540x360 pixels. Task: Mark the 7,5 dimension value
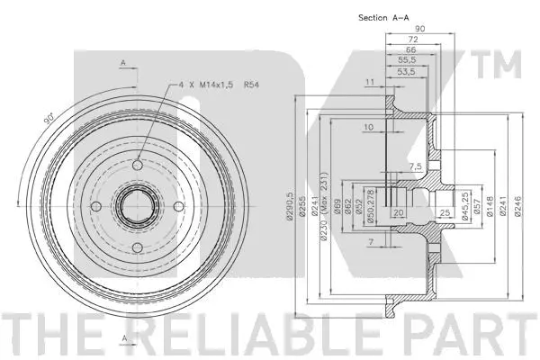(x=415, y=167)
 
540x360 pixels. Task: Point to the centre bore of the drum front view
(x=136, y=208)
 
